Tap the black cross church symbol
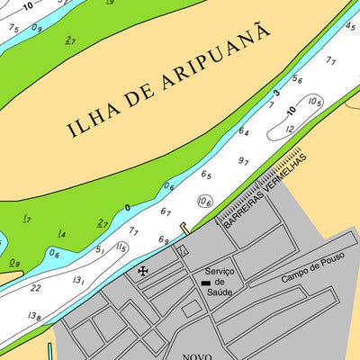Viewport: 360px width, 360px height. [x=142, y=270]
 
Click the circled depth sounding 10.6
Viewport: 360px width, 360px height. [x=205, y=202]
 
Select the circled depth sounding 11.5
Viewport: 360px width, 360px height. [x=121, y=247]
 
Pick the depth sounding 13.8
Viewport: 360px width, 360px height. [x=35, y=316]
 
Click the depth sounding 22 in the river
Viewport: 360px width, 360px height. [x=35, y=288]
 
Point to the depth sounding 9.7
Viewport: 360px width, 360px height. [x=243, y=161]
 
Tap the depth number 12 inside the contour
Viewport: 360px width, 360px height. [x=289, y=129]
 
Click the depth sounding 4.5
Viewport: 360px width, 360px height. [x=349, y=26]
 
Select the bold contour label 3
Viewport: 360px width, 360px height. [x=276, y=93]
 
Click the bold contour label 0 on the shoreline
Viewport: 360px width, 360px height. [x=127, y=208]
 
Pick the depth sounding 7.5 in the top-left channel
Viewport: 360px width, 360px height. [x=13, y=28]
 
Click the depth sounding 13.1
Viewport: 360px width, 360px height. [x=79, y=281]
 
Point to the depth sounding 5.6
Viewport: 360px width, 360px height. [x=297, y=80]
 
